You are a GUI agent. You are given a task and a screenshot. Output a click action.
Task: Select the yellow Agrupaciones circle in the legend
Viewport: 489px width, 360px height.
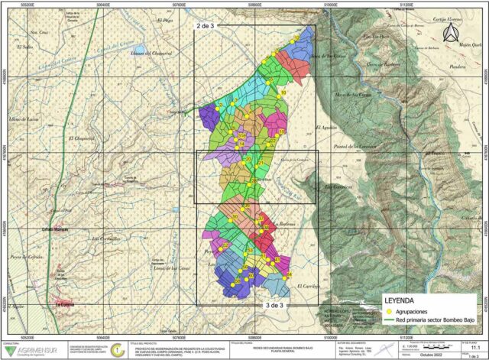(388, 312)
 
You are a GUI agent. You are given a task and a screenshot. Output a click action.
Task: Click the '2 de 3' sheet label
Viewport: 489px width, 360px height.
(207, 27)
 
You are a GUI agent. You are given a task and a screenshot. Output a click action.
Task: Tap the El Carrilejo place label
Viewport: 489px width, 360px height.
(307, 285)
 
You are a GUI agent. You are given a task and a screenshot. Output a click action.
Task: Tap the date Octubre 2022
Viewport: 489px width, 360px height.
(429, 354)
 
